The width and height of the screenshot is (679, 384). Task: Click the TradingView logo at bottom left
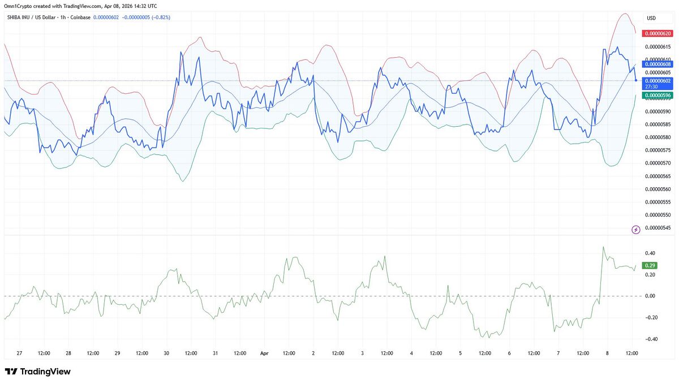pos(38,372)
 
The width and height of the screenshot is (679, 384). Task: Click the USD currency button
pos(651,18)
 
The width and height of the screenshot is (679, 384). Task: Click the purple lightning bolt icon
pos(635,229)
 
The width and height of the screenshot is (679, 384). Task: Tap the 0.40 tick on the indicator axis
pos(650,253)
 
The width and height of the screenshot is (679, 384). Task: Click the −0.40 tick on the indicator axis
pos(650,339)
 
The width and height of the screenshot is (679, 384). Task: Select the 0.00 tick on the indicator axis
pos(650,296)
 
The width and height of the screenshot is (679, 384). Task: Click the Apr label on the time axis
pos(264,353)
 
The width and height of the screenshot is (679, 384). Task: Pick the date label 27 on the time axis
pos(19,353)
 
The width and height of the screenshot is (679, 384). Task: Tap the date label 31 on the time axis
pos(215,353)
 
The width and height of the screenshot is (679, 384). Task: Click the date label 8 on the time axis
pos(607,353)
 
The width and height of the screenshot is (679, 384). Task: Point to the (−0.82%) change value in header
pos(158,18)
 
